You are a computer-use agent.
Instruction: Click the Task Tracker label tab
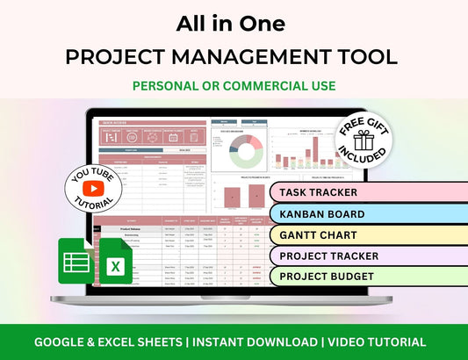(317, 191)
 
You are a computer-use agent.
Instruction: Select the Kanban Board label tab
(321, 213)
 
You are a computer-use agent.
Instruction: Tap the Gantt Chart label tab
(317, 234)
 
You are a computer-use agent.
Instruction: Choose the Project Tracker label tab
(328, 256)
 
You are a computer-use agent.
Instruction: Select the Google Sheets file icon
(77, 260)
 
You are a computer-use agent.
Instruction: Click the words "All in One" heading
(234, 24)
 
